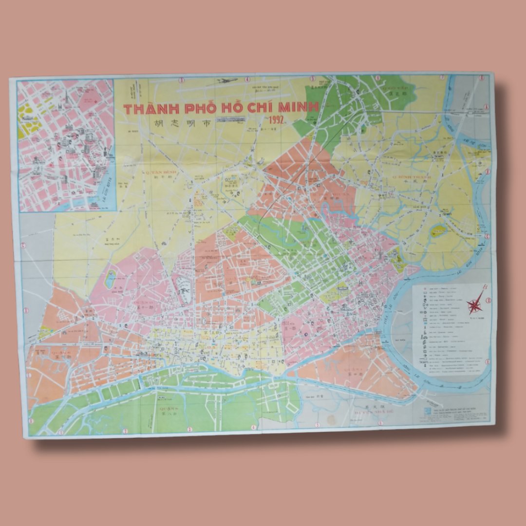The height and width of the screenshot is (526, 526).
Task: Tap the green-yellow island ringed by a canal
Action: click(x=440, y=230)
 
